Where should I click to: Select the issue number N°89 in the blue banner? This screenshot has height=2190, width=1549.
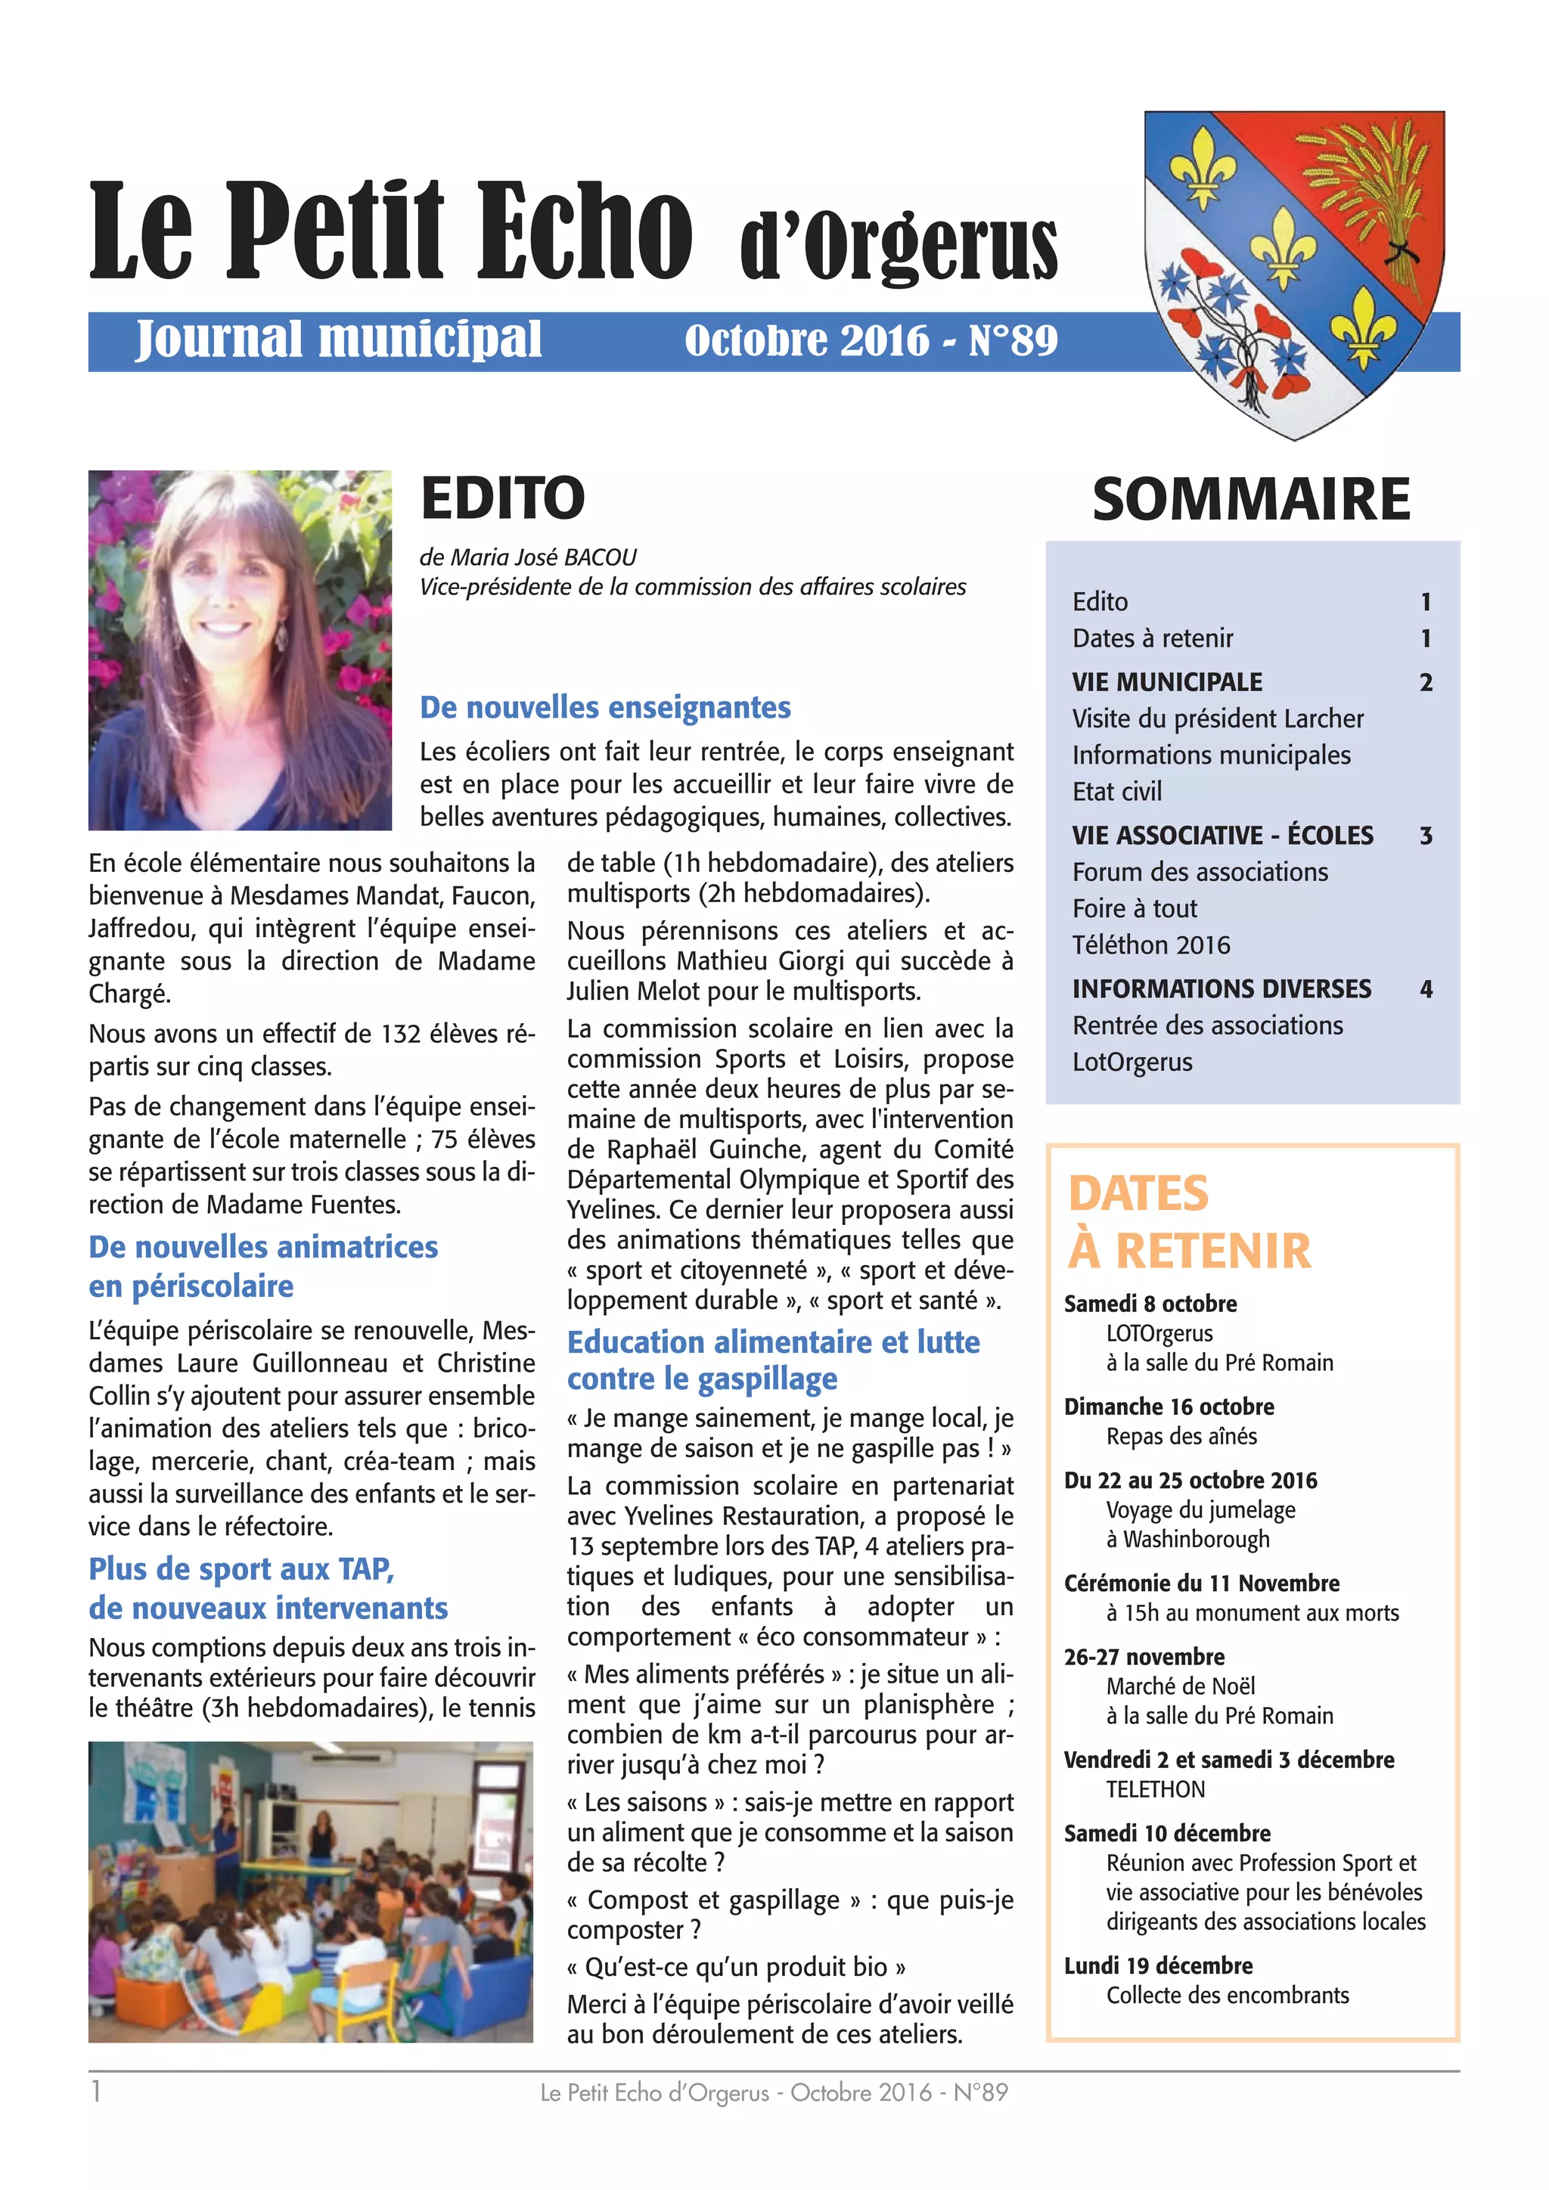1013,340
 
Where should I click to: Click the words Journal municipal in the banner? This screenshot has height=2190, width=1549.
339,340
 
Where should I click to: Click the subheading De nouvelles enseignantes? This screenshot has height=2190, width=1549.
605,708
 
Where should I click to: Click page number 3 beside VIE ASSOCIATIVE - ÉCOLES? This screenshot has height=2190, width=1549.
1425,836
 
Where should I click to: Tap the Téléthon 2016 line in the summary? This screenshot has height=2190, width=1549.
1150,945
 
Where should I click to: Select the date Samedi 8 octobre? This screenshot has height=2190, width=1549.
1150,1304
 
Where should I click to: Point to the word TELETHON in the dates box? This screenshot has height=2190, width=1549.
1155,1789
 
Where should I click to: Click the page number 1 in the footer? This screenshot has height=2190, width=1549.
95,2092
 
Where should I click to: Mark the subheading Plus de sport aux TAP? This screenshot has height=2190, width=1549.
241,1569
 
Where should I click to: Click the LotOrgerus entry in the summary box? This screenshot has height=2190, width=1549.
1131,1062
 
